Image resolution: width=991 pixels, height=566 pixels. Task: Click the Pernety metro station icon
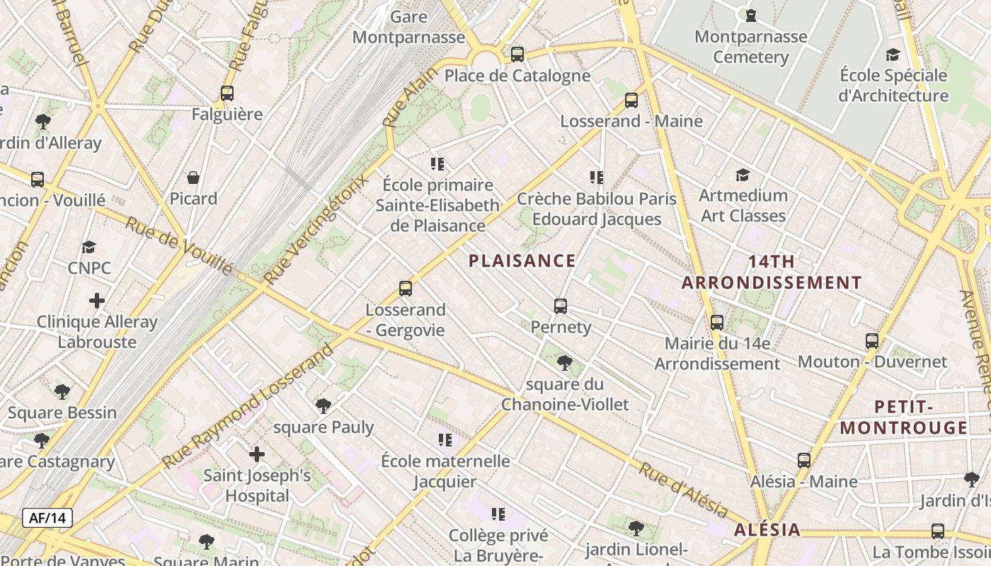click(561, 306)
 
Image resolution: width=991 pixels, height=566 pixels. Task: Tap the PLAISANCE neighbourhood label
click(522, 261)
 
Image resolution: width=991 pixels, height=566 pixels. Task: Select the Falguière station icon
click(227, 93)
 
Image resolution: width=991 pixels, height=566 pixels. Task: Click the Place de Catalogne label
click(517, 76)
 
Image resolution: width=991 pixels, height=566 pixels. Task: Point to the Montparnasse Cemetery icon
click(750, 15)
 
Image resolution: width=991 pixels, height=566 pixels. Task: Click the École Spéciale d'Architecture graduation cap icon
click(893, 54)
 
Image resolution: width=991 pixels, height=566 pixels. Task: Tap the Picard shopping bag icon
click(193, 178)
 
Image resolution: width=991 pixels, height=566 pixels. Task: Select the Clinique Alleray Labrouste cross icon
click(97, 301)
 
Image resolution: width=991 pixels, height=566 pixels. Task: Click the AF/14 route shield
click(47, 518)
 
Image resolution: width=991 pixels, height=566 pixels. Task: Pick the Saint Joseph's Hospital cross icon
click(257, 454)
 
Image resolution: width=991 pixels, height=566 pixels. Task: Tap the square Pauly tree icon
click(323, 406)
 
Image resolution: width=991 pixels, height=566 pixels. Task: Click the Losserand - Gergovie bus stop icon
click(406, 289)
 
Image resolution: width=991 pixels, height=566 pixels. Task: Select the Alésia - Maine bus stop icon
click(804, 461)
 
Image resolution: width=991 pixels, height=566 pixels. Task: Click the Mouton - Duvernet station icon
click(872, 341)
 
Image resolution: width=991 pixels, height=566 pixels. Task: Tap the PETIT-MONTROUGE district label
click(903, 417)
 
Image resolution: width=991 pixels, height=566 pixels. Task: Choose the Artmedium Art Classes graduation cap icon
click(743, 175)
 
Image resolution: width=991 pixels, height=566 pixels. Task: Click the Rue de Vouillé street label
click(179, 246)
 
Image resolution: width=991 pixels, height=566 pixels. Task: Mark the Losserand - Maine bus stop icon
click(631, 100)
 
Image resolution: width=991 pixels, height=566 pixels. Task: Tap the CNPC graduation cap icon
click(88, 247)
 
